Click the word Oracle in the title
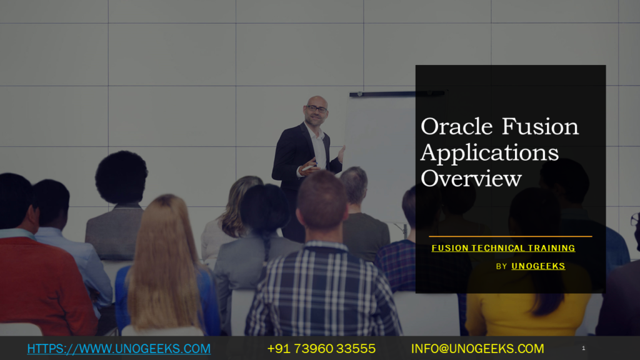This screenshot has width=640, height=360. pyautogui.click(x=457, y=126)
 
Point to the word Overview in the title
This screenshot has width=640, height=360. pyautogui.click(x=471, y=178)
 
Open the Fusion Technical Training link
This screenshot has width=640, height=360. pyautogui.click(x=503, y=248)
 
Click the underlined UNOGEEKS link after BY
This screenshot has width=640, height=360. pyautogui.click(x=538, y=266)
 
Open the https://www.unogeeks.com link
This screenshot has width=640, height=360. pyautogui.click(x=119, y=349)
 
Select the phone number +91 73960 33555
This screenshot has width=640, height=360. pyautogui.click(x=321, y=349)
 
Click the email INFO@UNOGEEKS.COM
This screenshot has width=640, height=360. pyautogui.click(x=477, y=349)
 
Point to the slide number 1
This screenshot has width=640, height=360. pyautogui.click(x=584, y=348)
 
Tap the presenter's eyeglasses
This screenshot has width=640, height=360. pyautogui.click(x=317, y=109)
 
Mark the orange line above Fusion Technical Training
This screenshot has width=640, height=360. pyautogui.click(x=510, y=236)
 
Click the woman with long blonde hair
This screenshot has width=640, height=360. pyautogui.click(x=165, y=265)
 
